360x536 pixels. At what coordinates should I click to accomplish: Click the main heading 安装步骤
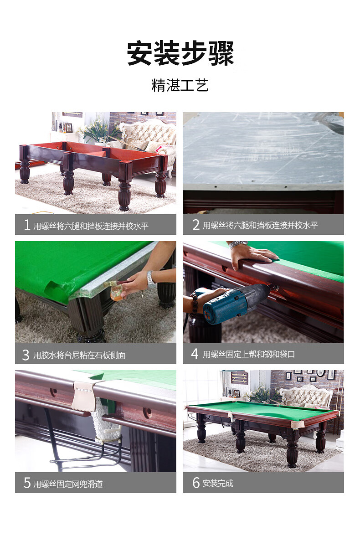pos(180,53)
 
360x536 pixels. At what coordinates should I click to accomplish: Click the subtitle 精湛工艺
pos(180,86)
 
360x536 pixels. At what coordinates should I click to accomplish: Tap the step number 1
pos(27,225)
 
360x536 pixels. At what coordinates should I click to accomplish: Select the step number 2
pos(195,225)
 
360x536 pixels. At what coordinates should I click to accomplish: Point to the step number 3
pos(26,355)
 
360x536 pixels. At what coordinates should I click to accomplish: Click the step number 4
pos(195,354)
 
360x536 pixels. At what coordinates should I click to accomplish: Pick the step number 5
pos(27,483)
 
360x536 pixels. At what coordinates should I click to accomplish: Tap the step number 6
pos(196,483)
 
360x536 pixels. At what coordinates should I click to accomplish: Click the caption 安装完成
pos(218,483)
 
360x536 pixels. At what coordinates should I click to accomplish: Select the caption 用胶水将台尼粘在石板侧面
pos(79,355)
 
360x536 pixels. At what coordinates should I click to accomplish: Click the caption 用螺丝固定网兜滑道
pos(68,484)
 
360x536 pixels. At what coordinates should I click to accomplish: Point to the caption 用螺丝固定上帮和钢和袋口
pos(248,354)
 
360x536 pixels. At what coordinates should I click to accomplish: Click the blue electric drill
pos(236,303)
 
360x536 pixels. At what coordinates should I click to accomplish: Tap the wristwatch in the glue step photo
pos(151,279)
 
